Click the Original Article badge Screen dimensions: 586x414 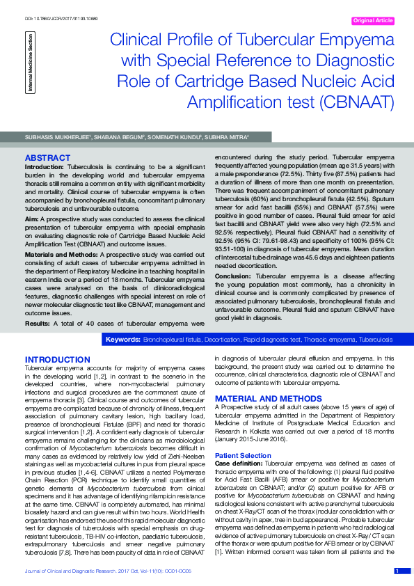[x=374, y=21]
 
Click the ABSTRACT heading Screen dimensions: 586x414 [x=48, y=159]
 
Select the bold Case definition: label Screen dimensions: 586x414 [x=239, y=463]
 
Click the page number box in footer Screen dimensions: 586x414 [x=397, y=571]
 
